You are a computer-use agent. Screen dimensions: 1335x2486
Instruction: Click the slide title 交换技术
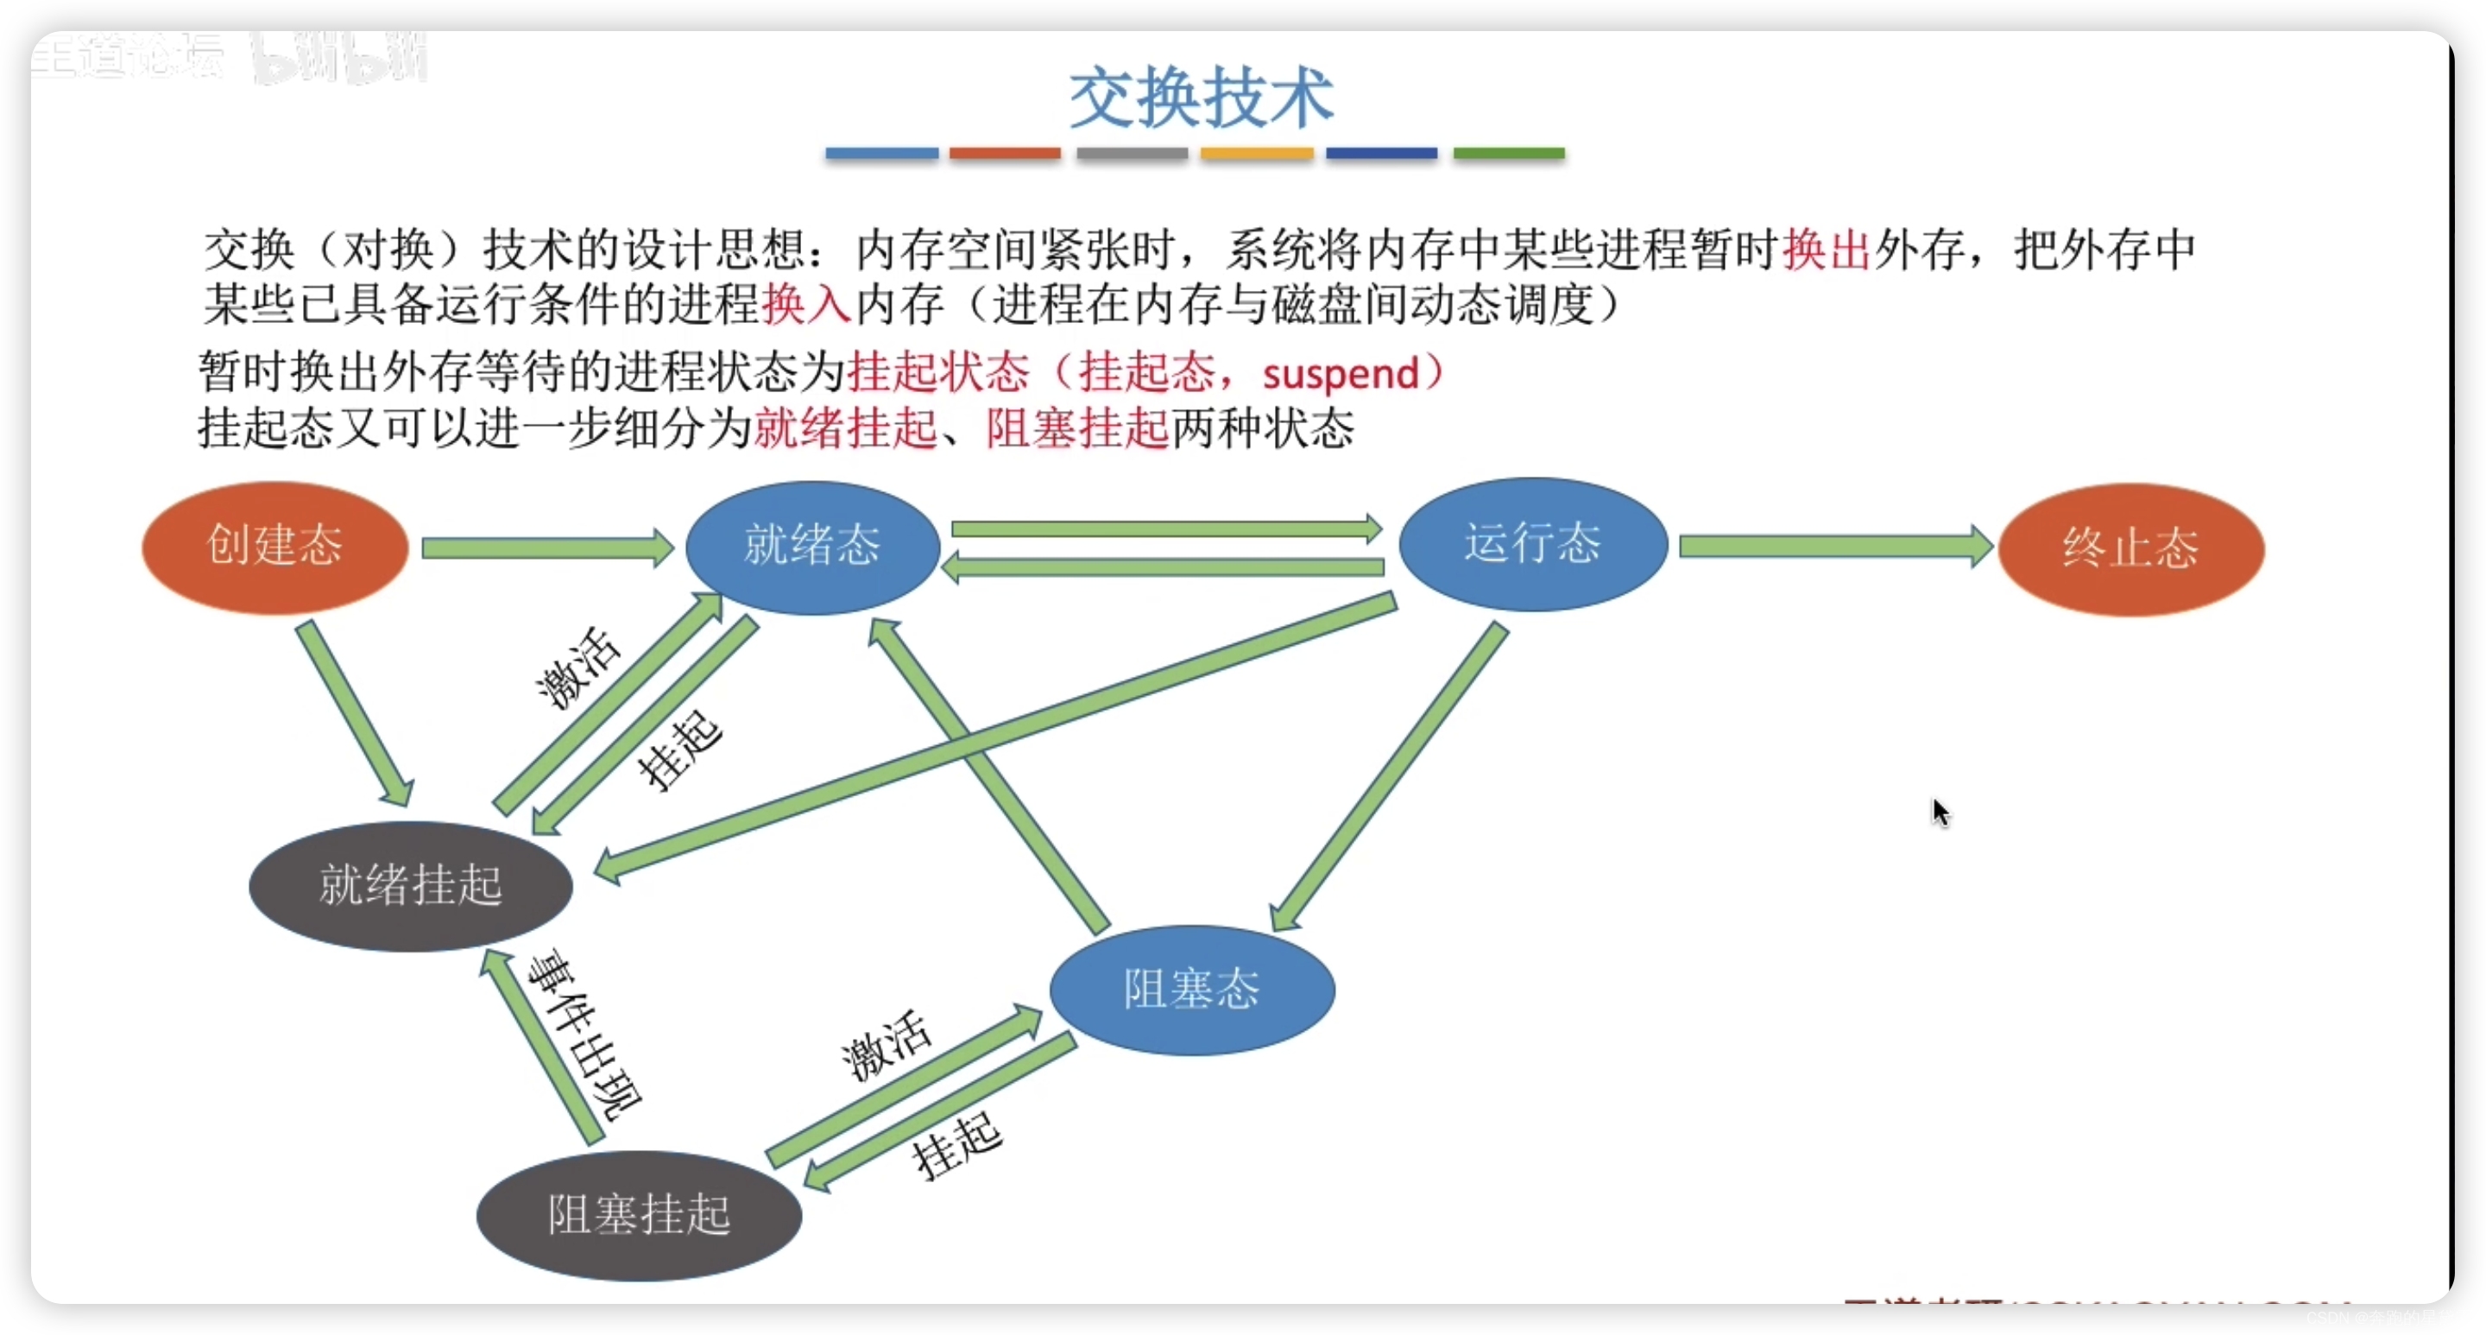point(1202,98)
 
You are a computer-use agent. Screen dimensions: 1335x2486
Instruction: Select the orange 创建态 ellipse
point(275,547)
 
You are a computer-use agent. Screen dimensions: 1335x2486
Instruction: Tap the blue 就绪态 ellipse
point(812,547)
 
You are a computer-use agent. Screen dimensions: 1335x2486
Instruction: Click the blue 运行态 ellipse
point(1532,543)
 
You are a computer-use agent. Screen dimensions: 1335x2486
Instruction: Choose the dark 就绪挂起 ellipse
point(411,885)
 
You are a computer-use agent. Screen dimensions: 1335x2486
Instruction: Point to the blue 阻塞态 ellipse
point(1192,990)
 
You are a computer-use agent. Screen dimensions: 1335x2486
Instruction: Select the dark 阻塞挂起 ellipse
point(639,1214)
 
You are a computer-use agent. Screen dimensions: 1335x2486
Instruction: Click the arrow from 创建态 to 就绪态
point(546,548)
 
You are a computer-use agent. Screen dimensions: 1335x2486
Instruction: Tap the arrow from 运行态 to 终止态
point(1833,547)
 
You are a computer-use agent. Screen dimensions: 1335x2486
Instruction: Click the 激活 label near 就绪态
point(577,668)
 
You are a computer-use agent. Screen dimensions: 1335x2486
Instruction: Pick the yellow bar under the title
point(1257,154)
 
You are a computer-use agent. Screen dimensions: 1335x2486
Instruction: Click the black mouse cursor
point(1940,812)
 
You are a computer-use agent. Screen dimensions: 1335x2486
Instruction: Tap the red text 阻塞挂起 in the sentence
point(1077,428)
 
